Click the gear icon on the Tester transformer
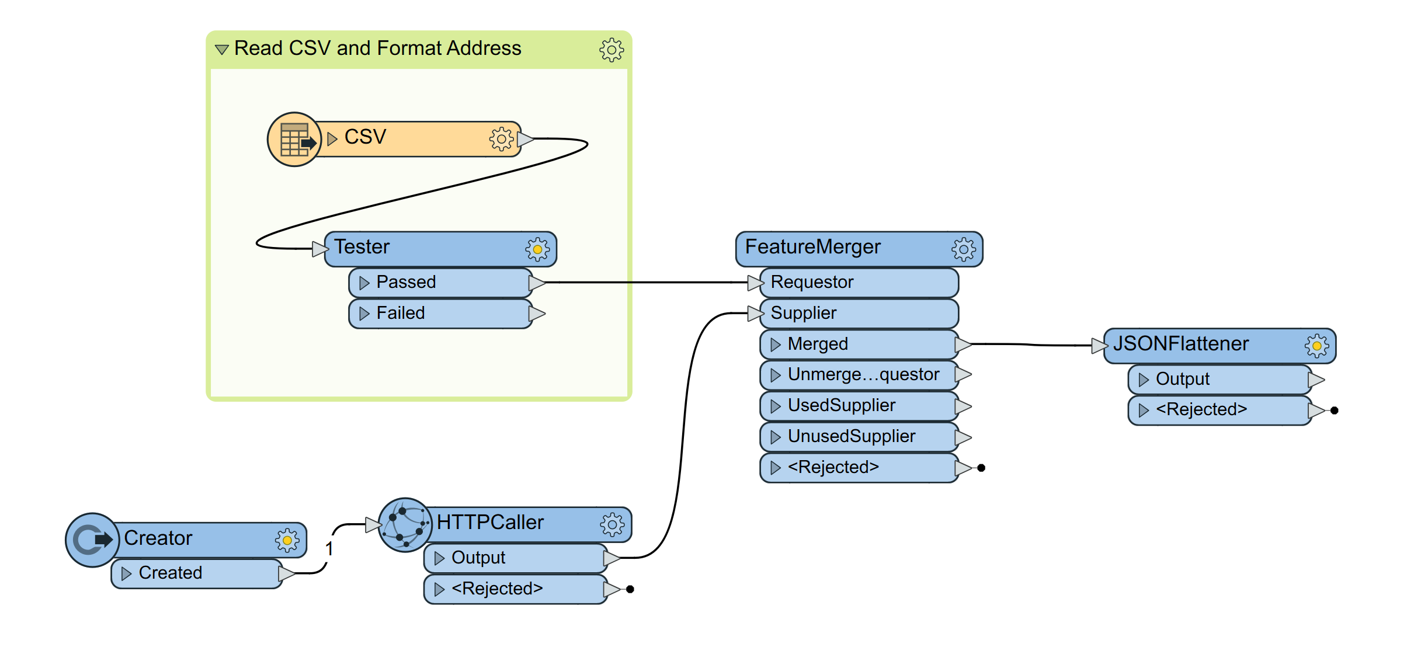[x=537, y=249]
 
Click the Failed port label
[x=401, y=314]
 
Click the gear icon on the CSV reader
[x=501, y=139]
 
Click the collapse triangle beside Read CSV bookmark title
[x=221, y=50]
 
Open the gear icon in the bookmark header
[x=611, y=50]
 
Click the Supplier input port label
[x=804, y=314]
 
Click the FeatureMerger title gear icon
[x=963, y=249]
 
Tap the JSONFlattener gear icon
[x=1316, y=346]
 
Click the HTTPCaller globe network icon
[x=405, y=524]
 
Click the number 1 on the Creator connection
[x=329, y=549]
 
